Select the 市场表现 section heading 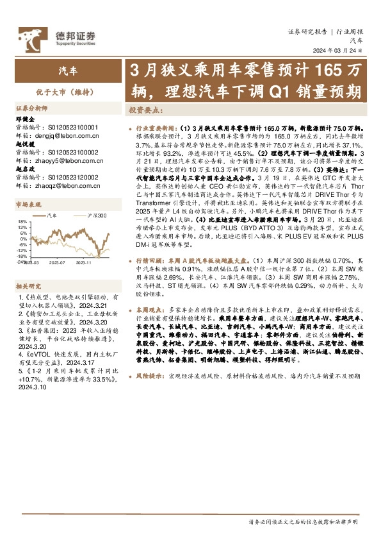pos(28,203)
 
